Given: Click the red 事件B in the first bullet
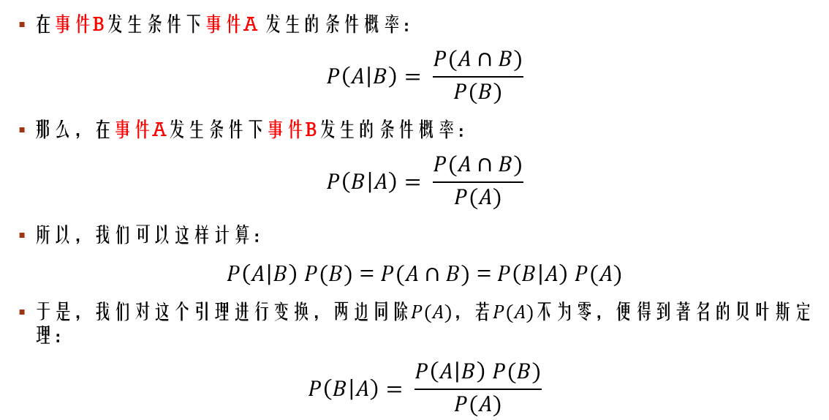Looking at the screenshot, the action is pyautogui.click(x=80, y=25).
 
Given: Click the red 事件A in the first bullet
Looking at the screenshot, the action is pyautogui.click(x=232, y=25).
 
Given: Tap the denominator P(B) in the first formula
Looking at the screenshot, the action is pyautogui.click(x=477, y=92).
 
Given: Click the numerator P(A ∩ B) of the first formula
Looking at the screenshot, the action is pyautogui.click(x=477, y=60).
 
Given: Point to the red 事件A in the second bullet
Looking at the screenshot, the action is pyautogui.click(x=141, y=130).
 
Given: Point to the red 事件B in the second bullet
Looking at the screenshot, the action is pyautogui.click(x=292, y=130).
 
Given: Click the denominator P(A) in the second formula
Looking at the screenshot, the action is pyautogui.click(x=477, y=198).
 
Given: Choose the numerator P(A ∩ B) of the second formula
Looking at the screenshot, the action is pyautogui.click(x=477, y=165).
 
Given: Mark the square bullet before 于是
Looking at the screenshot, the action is pyautogui.click(x=22, y=312).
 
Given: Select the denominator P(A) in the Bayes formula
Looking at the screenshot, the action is pyautogui.click(x=477, y=405).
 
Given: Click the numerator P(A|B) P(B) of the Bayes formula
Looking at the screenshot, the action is pyautogui.click(x=477, y=372).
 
